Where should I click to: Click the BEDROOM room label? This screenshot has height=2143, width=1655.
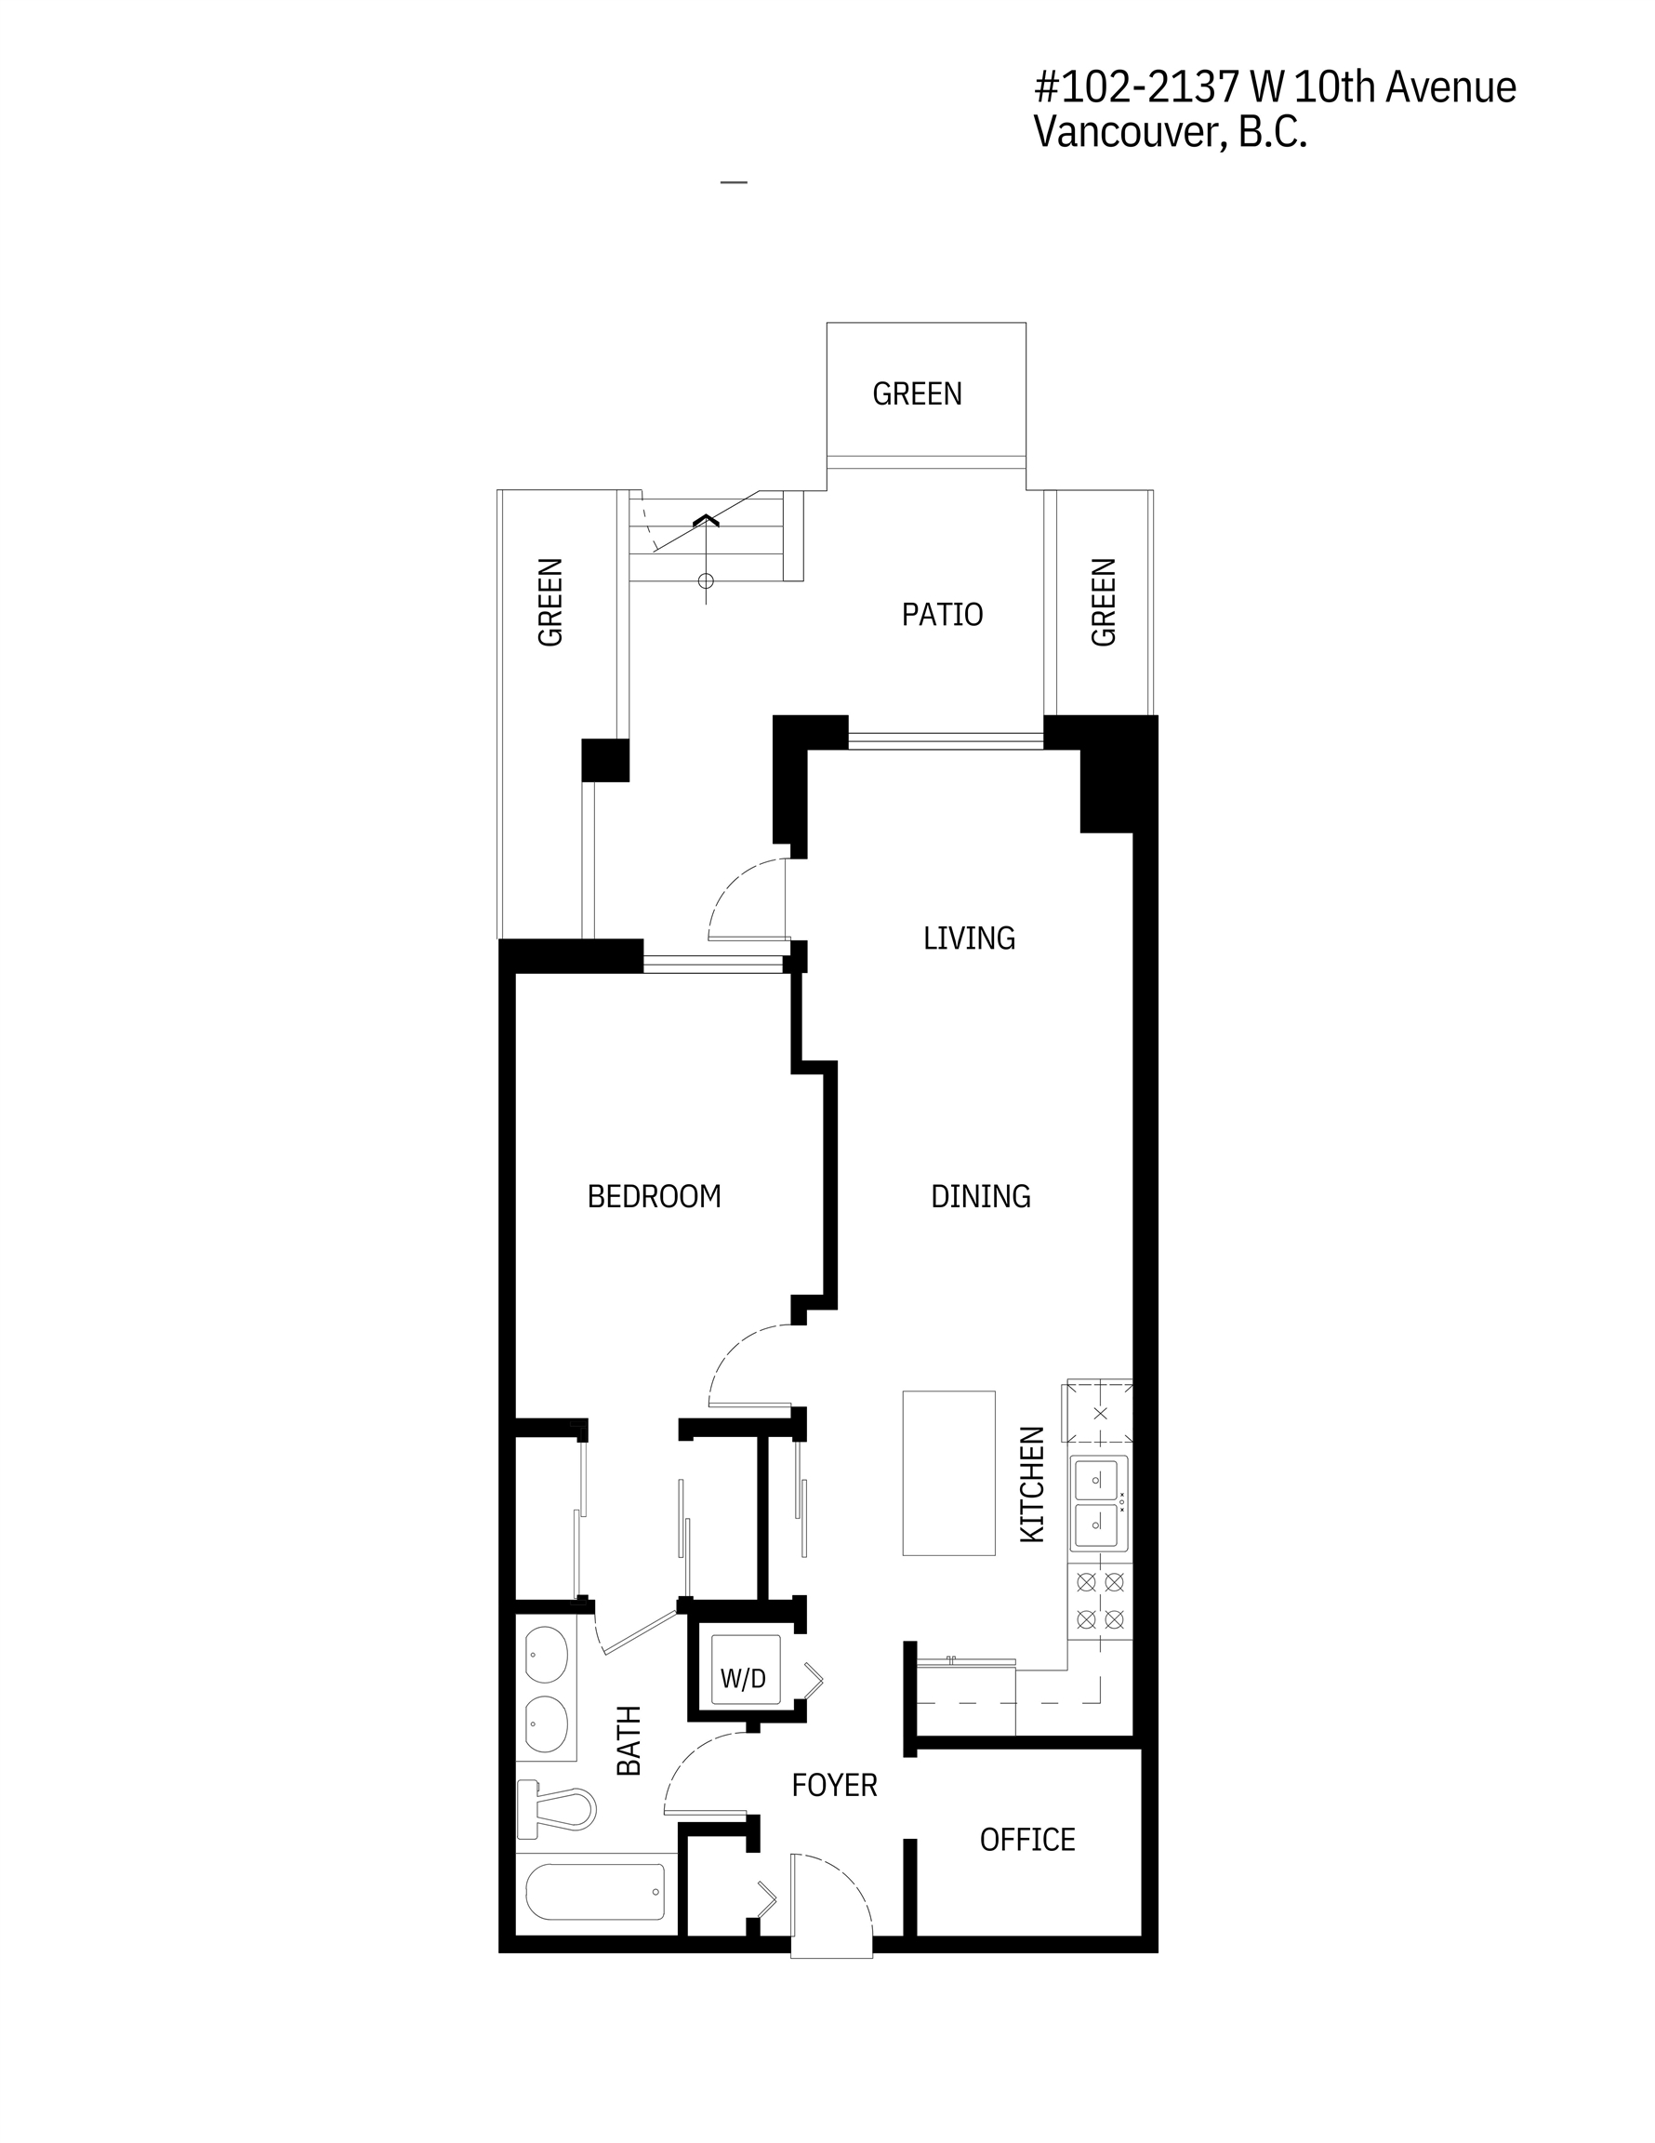pyautogui.click(x=654, y=1196)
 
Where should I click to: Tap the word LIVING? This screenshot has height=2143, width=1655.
pyautogui.click(x=968, y=938)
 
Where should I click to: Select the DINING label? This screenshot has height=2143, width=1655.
pyautogui.click(x=980, y=1196)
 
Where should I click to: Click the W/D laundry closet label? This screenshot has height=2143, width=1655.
pyautogui.click(x=743, y=1678)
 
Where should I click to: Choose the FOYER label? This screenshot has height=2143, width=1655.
pyautogui.click(x=834, y=1785)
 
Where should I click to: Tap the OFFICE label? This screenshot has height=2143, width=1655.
pyautogui.click(x=1027, y=1839)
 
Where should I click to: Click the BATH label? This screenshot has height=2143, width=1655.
pyautogui.click(x=628, y=1739)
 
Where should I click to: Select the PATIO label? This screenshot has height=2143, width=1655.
pyautogui.click(x=942, y=614)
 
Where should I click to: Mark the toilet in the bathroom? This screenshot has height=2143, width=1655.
pyautogui.click(x=556, y=1808)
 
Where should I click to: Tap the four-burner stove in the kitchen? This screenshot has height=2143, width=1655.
pyautogui.click(x=1100, y=1602)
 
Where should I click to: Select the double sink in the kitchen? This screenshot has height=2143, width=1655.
pyautogui.click(x=1100, y=1501)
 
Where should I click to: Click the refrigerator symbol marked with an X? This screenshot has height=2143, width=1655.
pyautogui.click(x=1100, y=1413)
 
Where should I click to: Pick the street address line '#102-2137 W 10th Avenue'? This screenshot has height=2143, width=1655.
pyautogui.click(x=1276, y=87)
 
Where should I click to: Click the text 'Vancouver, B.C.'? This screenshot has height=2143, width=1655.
pyautogui.click(x=1171, y=131)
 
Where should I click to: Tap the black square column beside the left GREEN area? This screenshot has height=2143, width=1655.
pyautogui.click(x=605, y=761)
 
